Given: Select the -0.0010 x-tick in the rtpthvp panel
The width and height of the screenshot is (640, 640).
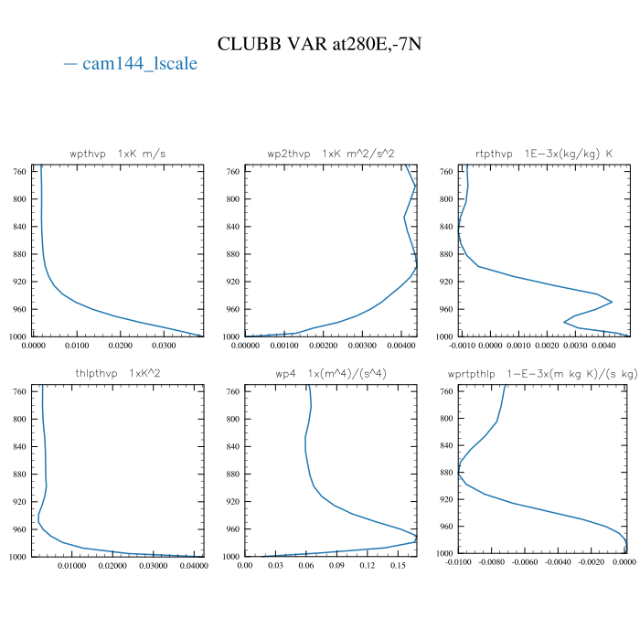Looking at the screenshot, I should pyautogui.click(x=464, y=346).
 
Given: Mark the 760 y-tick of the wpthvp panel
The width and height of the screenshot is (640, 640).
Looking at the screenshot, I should pyautogui.click(x=20, y=172).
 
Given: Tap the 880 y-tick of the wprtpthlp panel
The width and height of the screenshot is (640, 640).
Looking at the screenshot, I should pyautogui.click(x=446, y=473).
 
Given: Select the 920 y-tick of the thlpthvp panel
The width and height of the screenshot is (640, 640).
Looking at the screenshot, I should pyautogui.click(x=20, y=502).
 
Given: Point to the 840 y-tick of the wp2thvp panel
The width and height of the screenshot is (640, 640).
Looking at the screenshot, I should pyautogui.click(x=232, y=227).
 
